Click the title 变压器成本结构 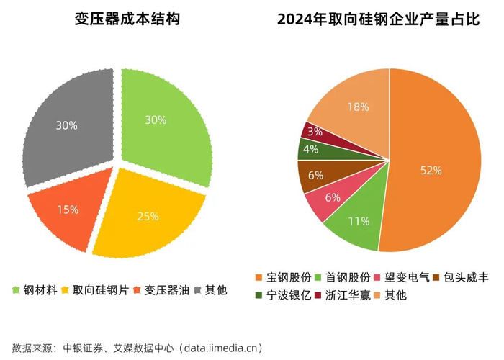(x=127, y=19)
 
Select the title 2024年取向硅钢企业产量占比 (x=378, y=19)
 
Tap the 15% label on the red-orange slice (x=68, y=210)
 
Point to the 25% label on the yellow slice (x=148, y=216)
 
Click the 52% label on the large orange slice (x=431, y=170)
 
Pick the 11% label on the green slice (x=359, y=221)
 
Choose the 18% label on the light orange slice (x=358, y=107)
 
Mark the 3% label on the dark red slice (x=315, y=131)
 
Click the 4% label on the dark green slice (x=310, y=149)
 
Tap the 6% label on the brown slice (x=315, y=175)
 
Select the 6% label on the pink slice (x=333, y=197)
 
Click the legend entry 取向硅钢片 (x=96, y=290)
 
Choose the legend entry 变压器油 (x=162, y=290)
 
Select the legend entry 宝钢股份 (x=283, y=277)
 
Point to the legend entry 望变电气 (x=402, y=277)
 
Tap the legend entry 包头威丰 (x=461, y=277)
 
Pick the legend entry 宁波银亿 (x=283, y=295)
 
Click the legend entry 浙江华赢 (x=342, y=295)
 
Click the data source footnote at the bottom (x=138, y=348)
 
